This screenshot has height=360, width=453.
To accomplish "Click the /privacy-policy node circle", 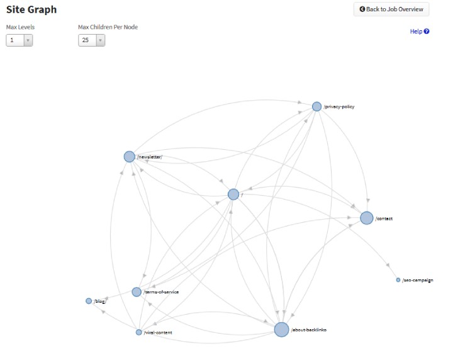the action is tap(316, 106).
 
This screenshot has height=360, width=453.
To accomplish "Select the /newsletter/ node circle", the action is tap(130, 157).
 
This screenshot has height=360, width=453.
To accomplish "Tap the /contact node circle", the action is tap(367, 218).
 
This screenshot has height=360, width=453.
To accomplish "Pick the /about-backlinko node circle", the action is tap(281, 329).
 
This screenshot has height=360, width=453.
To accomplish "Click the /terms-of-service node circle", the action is tap(137, 292).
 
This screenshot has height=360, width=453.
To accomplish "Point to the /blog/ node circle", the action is tap(89, 301).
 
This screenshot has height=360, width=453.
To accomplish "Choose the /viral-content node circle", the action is tap(138, 332).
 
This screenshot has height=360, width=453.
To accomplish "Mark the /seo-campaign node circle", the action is tap(398, 280).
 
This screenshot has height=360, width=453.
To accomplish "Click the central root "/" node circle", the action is tap(233, 194).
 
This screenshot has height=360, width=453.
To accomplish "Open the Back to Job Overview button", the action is tap(391, 9).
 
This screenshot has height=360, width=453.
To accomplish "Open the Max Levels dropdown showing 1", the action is tap(20, 40).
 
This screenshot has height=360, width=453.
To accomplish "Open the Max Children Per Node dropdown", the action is tap(92, 40).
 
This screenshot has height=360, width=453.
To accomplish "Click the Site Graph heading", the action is tap(31, 9).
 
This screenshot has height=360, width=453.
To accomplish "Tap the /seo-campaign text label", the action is tap(418, 280).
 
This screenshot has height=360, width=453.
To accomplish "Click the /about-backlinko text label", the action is tap(308, 330).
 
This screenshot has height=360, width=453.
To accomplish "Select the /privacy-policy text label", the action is tap(339, 106).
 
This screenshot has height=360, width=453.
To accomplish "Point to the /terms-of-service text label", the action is tap(161, 292).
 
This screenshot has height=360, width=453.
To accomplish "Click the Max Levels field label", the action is tap(20, 27).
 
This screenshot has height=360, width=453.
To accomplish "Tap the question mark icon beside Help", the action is tap(427, 31).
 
